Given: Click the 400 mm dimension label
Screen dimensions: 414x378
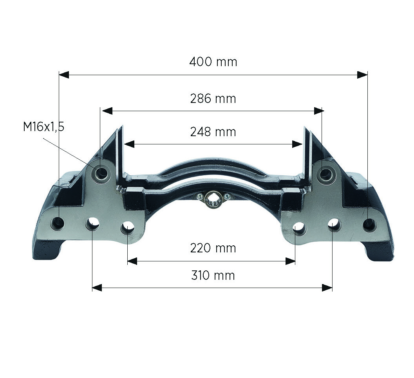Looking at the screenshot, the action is [x=213, y=62].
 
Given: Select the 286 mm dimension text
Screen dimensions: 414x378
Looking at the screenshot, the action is [x=213, y=99].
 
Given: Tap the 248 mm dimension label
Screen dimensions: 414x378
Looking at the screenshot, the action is [x=213, y=132].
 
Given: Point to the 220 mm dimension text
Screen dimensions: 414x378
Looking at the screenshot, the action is [x=213, y=248].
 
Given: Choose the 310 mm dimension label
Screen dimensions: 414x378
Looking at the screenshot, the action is [x=213, y=275].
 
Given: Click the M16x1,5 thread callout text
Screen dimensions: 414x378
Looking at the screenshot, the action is [x=43, y=127].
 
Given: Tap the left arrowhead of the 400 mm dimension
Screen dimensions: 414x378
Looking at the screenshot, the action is [x=64, y=75].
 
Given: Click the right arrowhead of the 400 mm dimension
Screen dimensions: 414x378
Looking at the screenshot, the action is [x=362, y=75].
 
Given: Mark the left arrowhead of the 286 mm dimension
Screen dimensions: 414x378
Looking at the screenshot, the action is [x=107, y=111].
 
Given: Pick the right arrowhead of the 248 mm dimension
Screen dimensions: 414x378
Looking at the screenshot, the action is [x=297, y=144].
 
